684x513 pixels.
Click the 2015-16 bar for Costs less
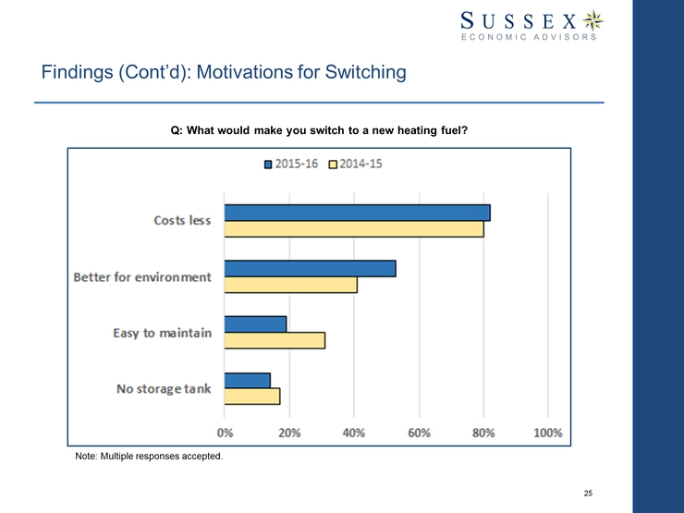(357, 213)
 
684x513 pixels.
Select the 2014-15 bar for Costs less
(354, 229)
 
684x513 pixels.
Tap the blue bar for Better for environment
(310, 268)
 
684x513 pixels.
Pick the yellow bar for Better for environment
(290, 285)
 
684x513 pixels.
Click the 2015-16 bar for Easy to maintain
(255, 324)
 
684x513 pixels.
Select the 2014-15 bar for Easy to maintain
(275, 340)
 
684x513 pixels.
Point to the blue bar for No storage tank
(247, 380)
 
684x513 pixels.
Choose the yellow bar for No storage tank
(251, 396)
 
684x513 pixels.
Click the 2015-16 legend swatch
(269, 165)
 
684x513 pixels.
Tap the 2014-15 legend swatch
(334, 165)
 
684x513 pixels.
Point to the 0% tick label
(225, 433)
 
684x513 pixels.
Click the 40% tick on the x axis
(354, 433)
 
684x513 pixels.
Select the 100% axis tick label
(548, 433)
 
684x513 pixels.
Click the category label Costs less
(182, 221)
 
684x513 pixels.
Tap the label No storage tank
(164, 388)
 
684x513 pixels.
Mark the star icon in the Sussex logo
(597, 19)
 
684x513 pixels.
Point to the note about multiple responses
(149, 457)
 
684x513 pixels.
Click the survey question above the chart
(319, 130)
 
